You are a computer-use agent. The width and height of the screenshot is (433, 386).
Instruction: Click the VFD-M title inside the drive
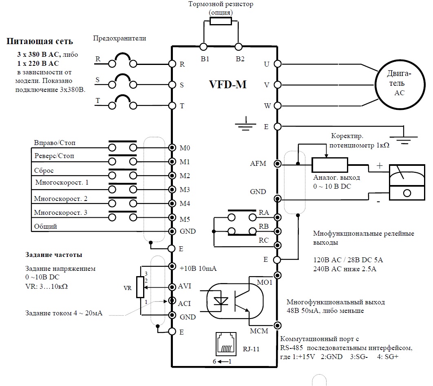[228, 85]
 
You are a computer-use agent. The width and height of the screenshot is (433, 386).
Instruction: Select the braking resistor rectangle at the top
[221, 22]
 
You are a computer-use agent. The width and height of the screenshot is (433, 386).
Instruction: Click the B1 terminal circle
[203, 46]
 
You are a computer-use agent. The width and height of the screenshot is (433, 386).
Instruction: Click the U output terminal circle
[278, 64]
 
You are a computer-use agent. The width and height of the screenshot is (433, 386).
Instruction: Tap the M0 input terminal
[172, 147]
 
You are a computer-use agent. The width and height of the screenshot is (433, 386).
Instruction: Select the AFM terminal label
[258, 164]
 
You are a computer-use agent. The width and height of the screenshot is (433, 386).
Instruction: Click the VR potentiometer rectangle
[141, 287]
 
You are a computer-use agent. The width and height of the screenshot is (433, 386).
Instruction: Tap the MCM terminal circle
[278, 325]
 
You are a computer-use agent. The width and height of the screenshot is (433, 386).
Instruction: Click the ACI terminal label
[184, 303]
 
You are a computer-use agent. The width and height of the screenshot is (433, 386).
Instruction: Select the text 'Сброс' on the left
[44, 170]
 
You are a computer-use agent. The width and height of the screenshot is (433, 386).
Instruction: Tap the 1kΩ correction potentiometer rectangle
[330, 165]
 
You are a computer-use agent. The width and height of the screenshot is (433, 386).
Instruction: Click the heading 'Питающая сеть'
[40, 42]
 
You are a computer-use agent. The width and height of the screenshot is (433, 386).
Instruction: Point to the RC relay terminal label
[264, 240]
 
